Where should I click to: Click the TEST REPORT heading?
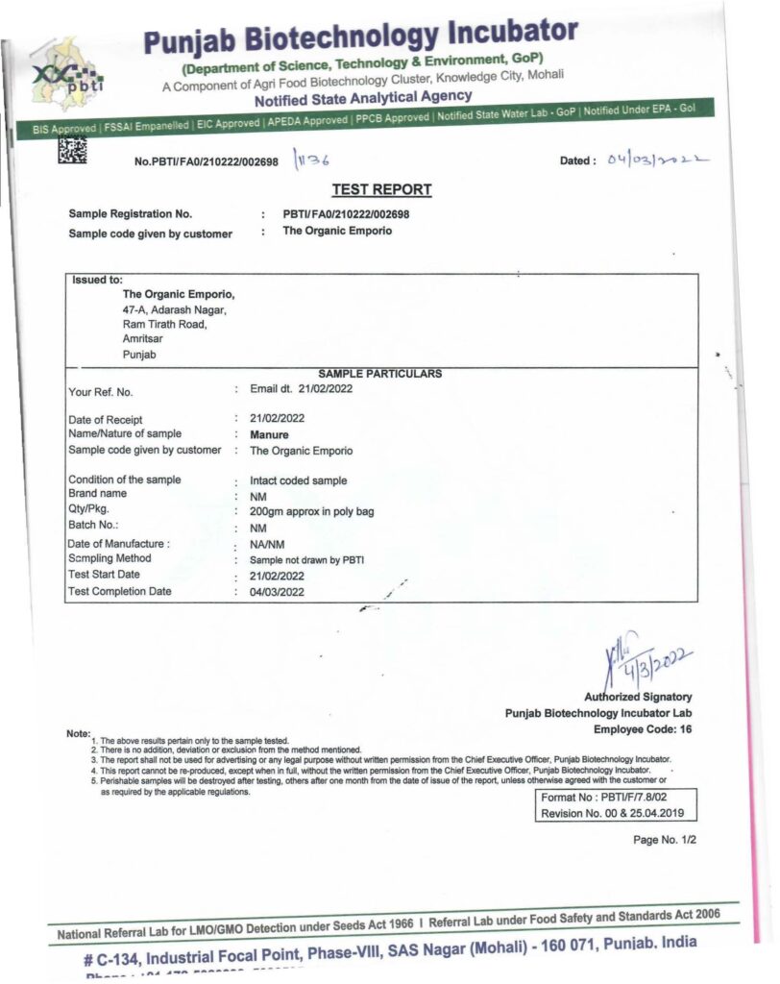point(381,189)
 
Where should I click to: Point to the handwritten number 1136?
point(313,160)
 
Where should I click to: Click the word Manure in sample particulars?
point(269,434)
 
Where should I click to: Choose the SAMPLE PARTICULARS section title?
point(379,374)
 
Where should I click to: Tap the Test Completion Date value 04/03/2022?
point(277,592)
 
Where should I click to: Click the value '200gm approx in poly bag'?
point(311,512)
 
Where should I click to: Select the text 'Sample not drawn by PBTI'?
point(306,559)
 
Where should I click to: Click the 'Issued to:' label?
point(97,281)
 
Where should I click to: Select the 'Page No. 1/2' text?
point(664,840)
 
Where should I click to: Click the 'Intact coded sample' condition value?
point(298,480)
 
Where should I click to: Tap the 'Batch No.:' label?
point(93,527)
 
